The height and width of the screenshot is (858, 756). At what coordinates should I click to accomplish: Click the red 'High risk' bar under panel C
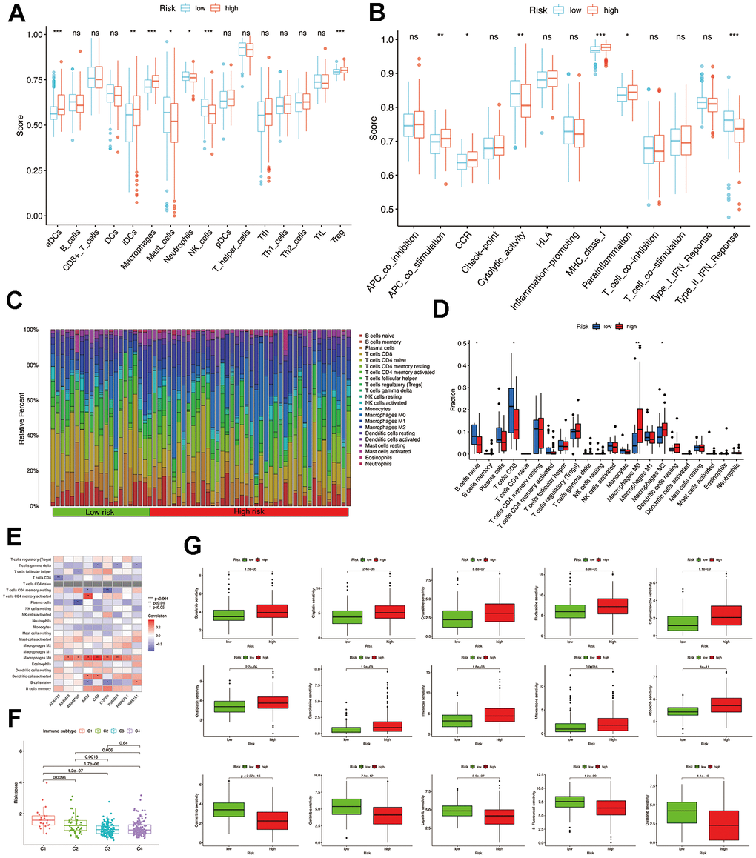(x=249, y=512)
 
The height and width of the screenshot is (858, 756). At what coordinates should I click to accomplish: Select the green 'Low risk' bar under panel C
(x=101, y=512)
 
